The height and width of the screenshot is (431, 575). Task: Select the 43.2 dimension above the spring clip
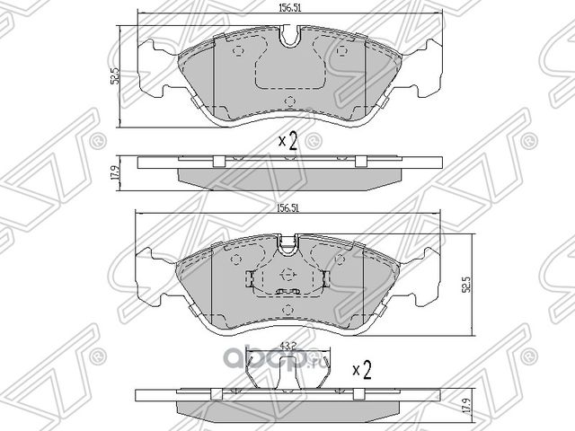click(x=287, y=345)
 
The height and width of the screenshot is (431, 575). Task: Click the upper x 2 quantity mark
click(x=287, y=141)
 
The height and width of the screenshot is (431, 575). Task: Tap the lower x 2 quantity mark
click(x=362, y=368)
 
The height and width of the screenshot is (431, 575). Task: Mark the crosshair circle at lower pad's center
click(x=287, y=276)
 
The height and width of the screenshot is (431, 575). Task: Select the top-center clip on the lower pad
click(x=287, y=241)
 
